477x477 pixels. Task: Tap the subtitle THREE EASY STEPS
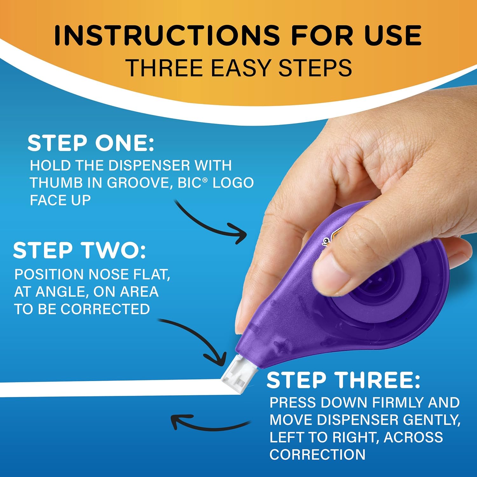(x=239, y=68)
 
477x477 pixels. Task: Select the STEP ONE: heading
(x=91, y=143)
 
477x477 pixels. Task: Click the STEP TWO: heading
(x=79, y=250)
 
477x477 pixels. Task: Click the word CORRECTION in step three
(x=317, y=454)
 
